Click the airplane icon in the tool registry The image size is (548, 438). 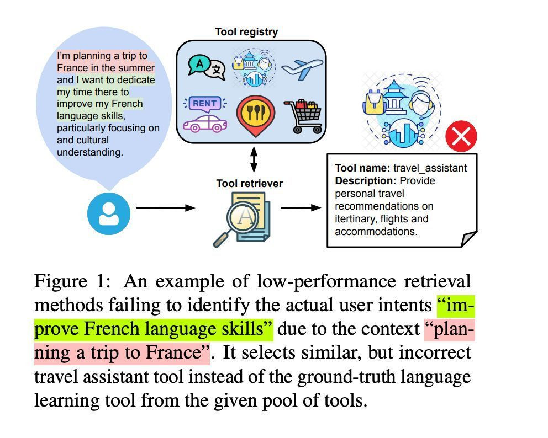pyautogui.click(x=302, y=68)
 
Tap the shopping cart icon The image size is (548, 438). pyautogui.click(x=303, y=116)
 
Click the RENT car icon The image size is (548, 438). pyautogui.click(x=205, y=114)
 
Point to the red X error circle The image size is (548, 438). pyautogui.click(x=461, y=136)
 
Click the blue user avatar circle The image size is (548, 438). pyautogui.click(x=109, y=213)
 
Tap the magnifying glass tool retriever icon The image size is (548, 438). pyautogui.click(x=241, y=219)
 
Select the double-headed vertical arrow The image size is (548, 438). pyautogui.click(x=254, y=159)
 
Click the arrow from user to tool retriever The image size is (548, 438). pyautogui.click(x=166, y=208)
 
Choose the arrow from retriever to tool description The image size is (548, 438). pyautogui.click(x=301, y=208)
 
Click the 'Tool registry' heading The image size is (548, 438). pyautogui.click(x=246, y=32)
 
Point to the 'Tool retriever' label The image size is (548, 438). pyautogui.click(x=249, y=184)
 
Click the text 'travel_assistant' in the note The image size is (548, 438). pyautogui.click(x=430, y=168)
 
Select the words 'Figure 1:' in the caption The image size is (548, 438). pyautogui.click(x=73, y=281)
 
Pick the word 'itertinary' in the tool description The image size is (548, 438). pyautogui.click(x=355, y=219)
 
